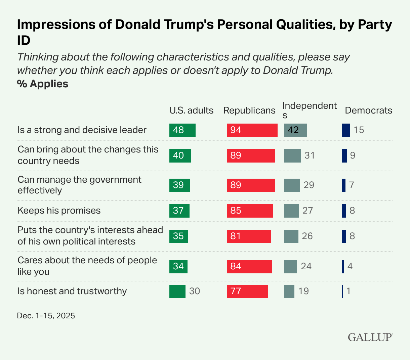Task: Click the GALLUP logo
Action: point(370,337)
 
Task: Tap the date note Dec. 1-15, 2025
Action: point(46,316)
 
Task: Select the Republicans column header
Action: point(249,110)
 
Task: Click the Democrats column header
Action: point(369,110)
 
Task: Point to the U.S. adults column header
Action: point(192,110)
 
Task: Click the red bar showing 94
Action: point(252,130)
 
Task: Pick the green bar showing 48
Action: point(182,130)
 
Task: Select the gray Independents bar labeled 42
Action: point(296,130)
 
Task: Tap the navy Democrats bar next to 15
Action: point(346,130)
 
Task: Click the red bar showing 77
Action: point(248,291)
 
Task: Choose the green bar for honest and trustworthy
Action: point(177,291)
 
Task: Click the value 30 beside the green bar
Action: point(195,291)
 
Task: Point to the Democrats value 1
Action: point(348,291)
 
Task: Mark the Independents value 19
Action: point(303,291)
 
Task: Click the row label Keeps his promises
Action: point(59,211)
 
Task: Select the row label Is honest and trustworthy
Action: point(72,291)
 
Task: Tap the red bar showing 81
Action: point(249,236)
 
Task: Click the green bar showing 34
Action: point(178,266)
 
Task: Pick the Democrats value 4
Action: point(350,266)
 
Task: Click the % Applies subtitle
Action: point(43,84)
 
